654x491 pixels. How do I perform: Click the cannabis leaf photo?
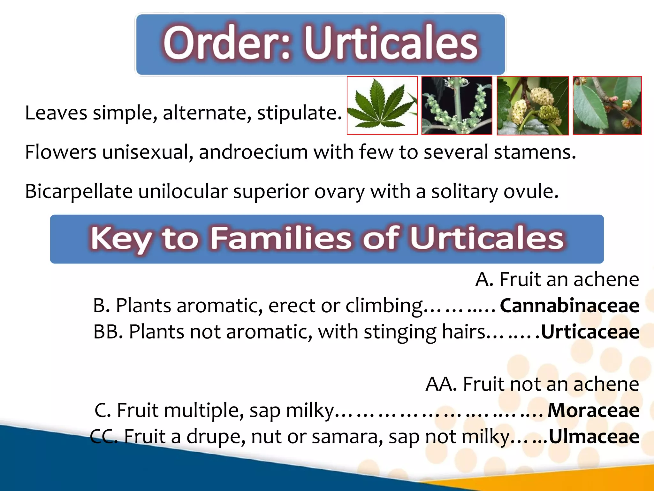click(x=382, y=105)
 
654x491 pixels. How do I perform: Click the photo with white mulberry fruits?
click(x=532, y=105)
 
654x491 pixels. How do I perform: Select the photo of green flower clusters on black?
click(x=457, y=105)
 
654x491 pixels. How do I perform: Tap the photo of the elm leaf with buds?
click(x=607, y=105)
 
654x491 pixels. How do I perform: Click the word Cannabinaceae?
click(x=569, y=306)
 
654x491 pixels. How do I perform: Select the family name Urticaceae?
click(x=590, y=332)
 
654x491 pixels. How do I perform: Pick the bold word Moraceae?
click(x=593, y=410)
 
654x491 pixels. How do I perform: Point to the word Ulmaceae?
click(x=594, y=437)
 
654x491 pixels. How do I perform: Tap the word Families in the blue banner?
click(x=281, y=238)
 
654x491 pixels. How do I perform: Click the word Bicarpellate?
click(x=79, y=191)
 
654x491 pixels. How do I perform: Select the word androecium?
click(x=253, y=152)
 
